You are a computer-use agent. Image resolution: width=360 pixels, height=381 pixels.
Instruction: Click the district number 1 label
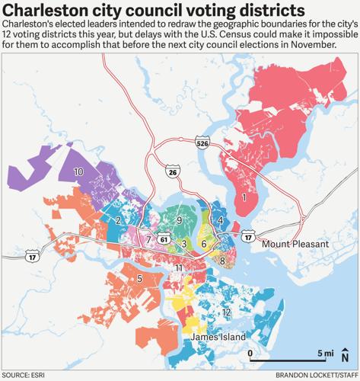tap(244, 198)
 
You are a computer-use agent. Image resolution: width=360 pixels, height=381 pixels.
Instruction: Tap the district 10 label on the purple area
tap(78, 173)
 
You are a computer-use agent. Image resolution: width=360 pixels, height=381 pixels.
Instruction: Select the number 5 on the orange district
tap(139, 278)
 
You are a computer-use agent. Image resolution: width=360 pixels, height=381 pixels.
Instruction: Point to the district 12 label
tap(226, 312)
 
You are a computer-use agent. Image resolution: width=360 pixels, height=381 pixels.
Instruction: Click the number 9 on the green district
tap(179, 220)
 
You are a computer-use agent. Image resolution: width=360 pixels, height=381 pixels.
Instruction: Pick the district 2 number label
tap(119, 220)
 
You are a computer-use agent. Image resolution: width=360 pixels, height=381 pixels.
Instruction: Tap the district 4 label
tap(220, 220)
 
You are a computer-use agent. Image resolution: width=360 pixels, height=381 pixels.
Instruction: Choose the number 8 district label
tap(222, 261)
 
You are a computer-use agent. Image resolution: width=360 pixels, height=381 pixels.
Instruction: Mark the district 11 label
tap(178, 268)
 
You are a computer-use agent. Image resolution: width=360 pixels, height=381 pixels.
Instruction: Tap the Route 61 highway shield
tap(164, 239)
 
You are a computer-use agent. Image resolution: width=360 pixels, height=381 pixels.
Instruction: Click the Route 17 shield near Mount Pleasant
tap(248, 239)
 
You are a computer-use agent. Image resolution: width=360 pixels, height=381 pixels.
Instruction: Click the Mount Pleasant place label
tap(295, 245)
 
